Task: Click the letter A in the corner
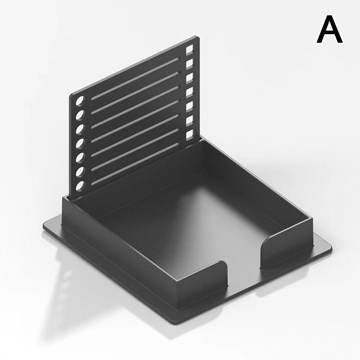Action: tap(330, 29)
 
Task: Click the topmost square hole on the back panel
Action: tap(189, 49)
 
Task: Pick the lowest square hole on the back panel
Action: tap(189, 135)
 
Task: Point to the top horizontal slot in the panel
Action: tap(135, 79)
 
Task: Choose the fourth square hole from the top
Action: tap(189, 92)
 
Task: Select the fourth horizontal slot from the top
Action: tap(135, 121)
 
